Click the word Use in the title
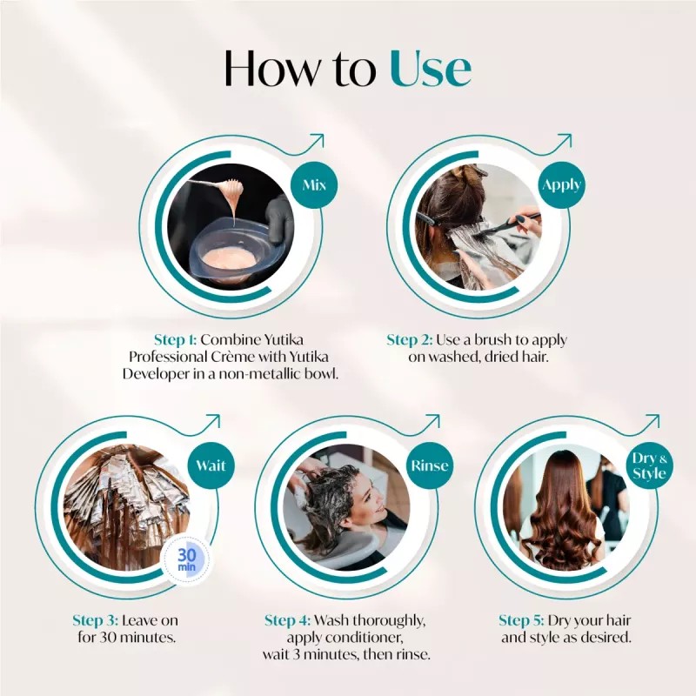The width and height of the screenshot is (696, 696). pos(430,69)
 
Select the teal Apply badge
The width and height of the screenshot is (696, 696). pos(561,185)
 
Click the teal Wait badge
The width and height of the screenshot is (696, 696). pos(211,465)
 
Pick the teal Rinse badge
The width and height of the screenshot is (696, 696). pos(431,465)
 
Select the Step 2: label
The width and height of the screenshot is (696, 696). pos(414,340)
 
